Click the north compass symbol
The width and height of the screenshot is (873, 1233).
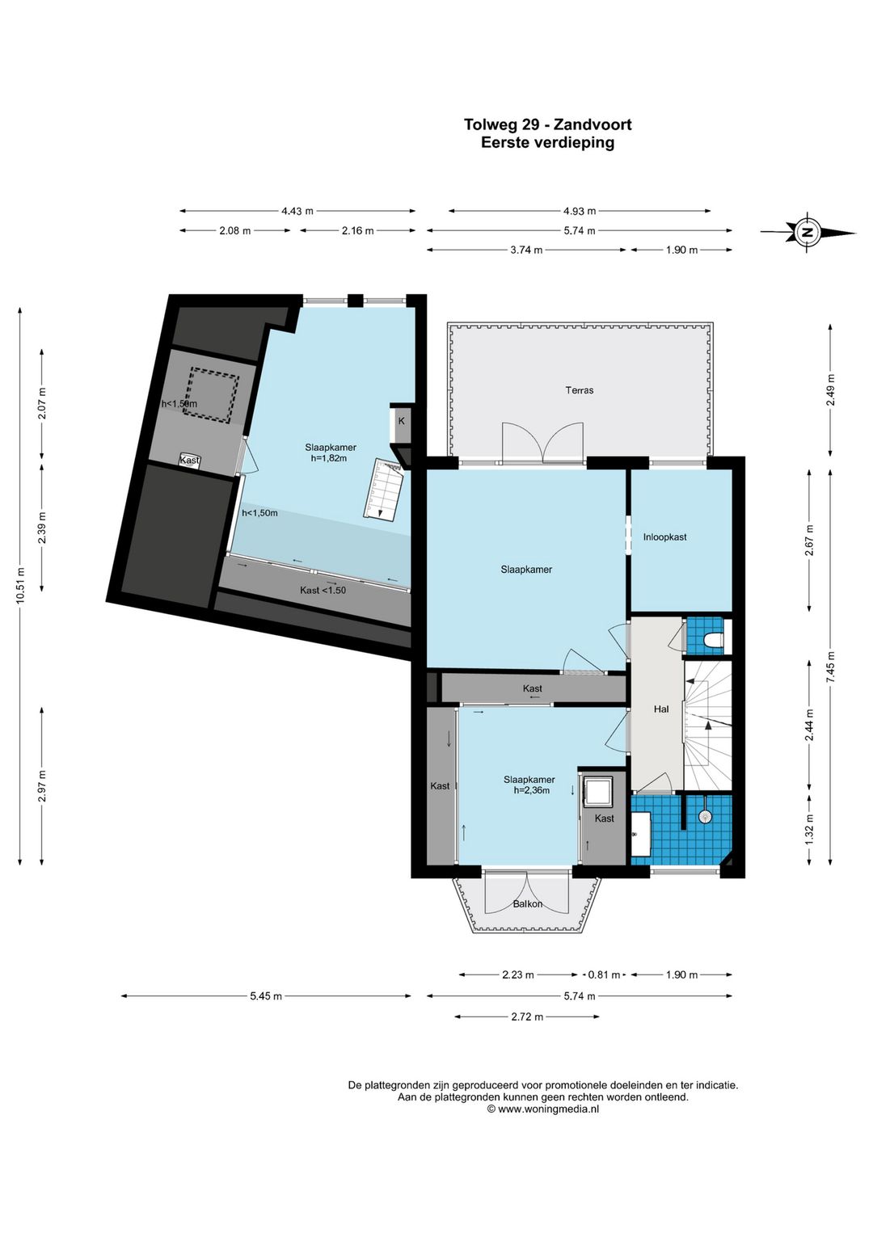808,232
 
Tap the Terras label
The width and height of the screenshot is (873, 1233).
580,390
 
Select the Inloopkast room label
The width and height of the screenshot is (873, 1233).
664,537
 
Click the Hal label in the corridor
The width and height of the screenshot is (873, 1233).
661,709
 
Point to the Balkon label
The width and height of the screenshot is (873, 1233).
528,903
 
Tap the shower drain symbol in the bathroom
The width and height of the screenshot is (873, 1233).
704,816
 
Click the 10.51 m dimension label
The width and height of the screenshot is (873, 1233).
20,586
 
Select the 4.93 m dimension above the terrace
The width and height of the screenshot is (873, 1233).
580,211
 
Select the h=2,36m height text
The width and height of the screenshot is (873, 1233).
532,790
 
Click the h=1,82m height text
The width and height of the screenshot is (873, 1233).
328,457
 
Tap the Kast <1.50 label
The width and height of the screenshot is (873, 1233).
323,590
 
